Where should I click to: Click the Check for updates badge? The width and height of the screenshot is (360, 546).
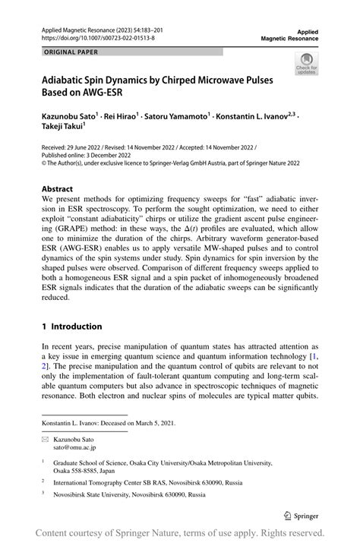(x=307, y=63)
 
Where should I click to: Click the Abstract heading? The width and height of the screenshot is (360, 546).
(x=58, y=188)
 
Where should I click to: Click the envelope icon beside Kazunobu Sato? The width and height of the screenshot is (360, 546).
(x=46, y=440)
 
